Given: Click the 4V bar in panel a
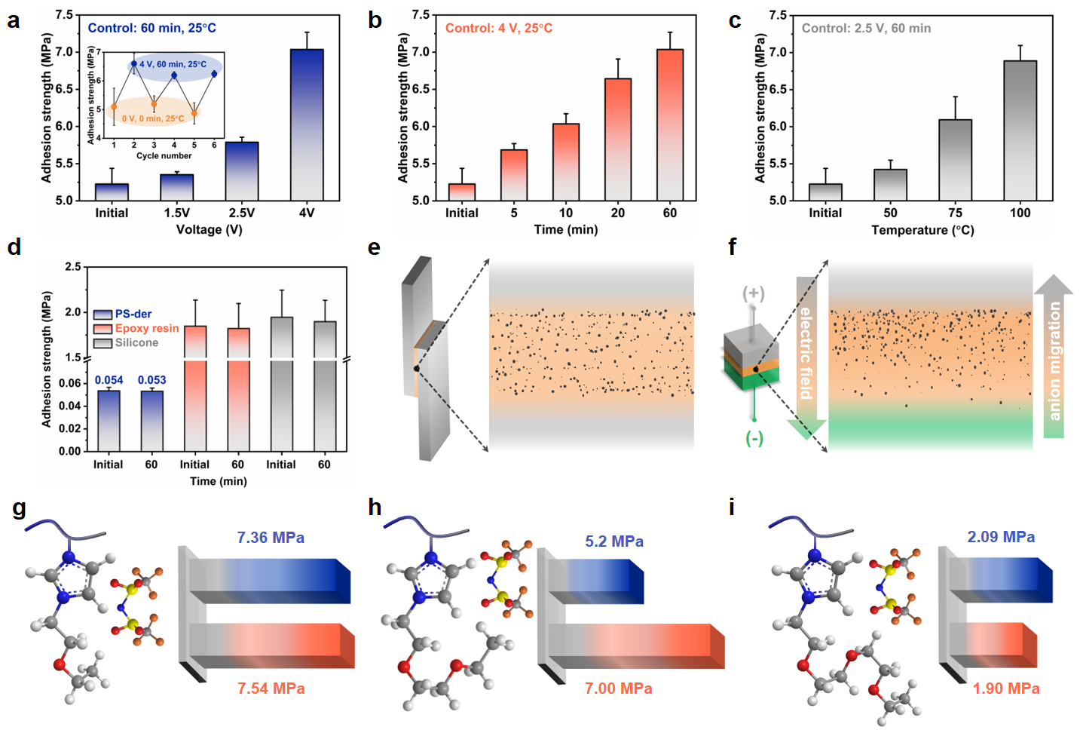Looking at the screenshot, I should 307,124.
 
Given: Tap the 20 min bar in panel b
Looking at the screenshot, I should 618,140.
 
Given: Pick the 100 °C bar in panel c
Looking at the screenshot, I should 1020,130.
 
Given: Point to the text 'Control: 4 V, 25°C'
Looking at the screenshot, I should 498,28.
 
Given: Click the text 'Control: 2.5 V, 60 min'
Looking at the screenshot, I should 866,28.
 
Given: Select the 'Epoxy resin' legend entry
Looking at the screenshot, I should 146,328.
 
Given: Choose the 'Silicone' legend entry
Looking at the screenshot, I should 136,342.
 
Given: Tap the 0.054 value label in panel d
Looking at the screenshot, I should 109,380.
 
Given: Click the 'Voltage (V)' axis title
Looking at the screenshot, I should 209,229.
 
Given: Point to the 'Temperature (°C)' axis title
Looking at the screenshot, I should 922,230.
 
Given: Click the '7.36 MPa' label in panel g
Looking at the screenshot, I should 271,538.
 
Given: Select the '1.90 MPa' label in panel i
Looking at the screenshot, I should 1005,689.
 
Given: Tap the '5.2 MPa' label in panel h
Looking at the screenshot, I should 614,541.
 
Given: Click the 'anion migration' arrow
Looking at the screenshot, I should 1054,358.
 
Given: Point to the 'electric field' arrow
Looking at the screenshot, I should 806,354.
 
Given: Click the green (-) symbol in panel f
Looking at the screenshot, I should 754,438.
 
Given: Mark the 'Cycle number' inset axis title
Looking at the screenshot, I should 164,156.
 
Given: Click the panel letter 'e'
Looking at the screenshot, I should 374,247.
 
